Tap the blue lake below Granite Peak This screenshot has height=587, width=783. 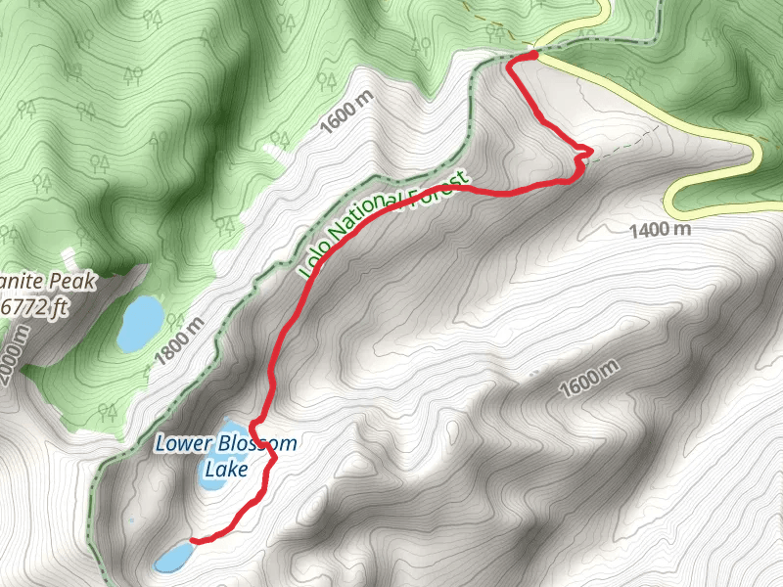[140, 323]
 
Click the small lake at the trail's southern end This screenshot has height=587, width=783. [174, 558]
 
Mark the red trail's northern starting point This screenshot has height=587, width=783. [532, 57]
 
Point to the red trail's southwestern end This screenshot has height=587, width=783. [192, 540]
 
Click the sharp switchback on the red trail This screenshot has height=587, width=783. [587, 152]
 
